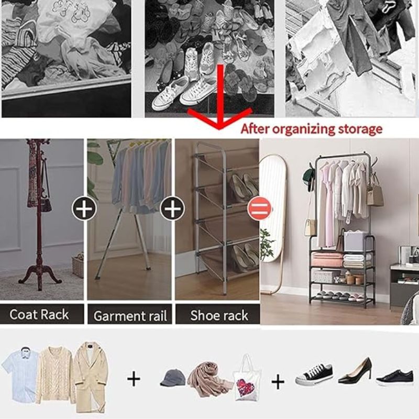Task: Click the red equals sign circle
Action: pyautogui.click(x=259, y=208)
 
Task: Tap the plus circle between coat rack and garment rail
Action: pyautogui.click(x=84, y=208)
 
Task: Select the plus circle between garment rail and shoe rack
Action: pyautogui.click(x=172, y=208)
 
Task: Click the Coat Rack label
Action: pyautogui.click(x=39, y=314)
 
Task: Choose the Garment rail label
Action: pyautogui.click(x=130, y=316)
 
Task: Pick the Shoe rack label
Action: pyautogui.click(x=219, y=315)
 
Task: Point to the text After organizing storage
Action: pyautogui.click(x=312, y=129)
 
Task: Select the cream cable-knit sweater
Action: pyautogui.click(x=56, y=374)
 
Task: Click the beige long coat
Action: pyautogui.click(x=91, y=377)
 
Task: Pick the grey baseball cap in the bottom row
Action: pyautogui.click(x=173, y=378)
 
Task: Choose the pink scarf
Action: pyautogui.click(x=209, y=379)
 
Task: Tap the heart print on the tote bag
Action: pyautogui.click(x=245, y=388)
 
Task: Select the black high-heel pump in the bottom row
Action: pyautogui.click(x=355, y=371)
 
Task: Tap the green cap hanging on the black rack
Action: pyautogui.click(x=308, y=177)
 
